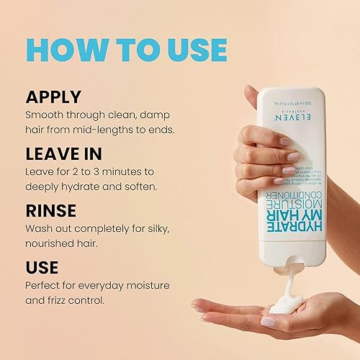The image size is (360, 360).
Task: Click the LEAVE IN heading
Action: tap(64, 154)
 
